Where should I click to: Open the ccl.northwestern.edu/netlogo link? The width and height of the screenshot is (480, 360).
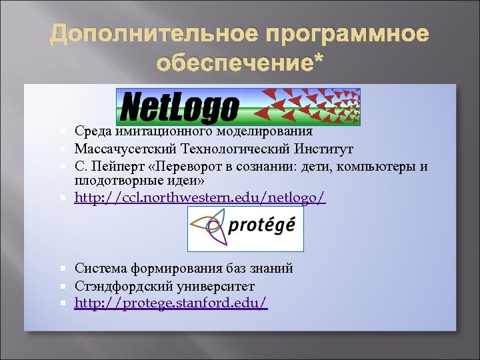click(x=200, y=197)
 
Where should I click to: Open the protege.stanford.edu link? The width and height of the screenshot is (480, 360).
click(x=171, y=303)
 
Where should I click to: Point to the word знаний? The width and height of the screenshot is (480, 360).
click(x=273, y=269)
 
